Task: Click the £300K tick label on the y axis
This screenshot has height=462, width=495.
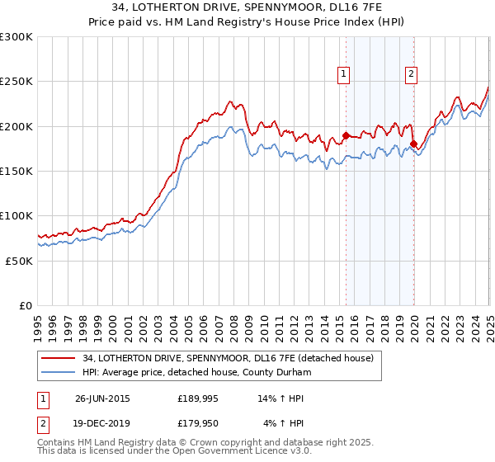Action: (16, 37)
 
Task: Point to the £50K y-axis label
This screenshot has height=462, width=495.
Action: (19, 261)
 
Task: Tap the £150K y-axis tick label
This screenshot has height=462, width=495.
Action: (16, 172)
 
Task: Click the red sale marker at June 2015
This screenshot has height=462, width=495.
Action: (346, 135)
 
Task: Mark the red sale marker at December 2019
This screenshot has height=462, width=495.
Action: (413, 144)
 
